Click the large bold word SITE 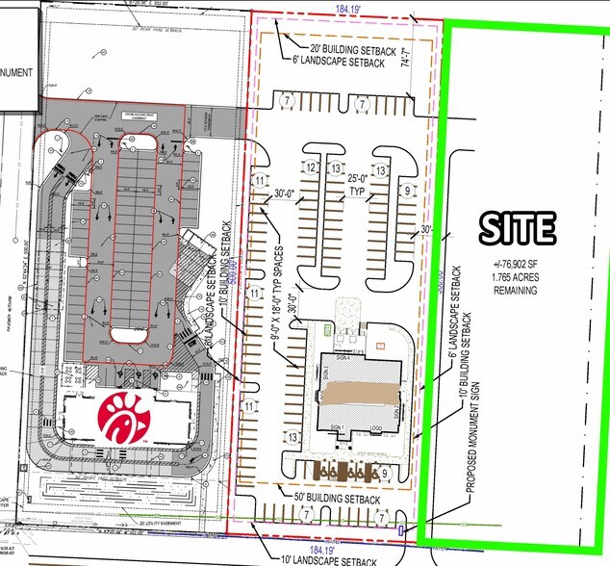click(517, 227)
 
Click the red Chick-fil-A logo click(124, 415)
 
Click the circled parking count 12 click(311, 168)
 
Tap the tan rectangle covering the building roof click(358, 395)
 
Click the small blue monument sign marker click(401, 527)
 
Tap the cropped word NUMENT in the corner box click(17, 72)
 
